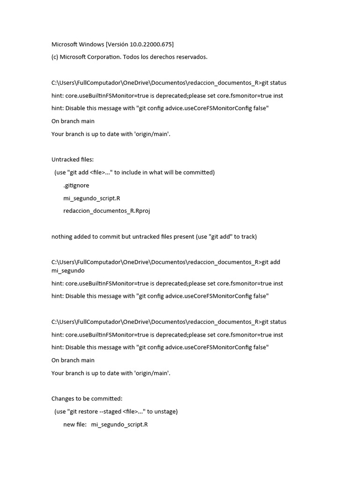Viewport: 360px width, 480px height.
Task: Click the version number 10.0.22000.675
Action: point(149,45)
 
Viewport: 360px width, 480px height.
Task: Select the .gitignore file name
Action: point(76,185)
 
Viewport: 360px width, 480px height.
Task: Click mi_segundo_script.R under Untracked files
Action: point(91,198)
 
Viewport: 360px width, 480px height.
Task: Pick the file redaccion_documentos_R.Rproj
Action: point(106,211)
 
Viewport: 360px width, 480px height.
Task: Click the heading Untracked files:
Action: point(72,160)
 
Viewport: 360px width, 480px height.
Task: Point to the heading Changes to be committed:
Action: point(87,399)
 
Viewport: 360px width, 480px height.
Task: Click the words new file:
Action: point(75,425)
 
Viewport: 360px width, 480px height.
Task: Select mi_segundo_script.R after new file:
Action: point(120,425)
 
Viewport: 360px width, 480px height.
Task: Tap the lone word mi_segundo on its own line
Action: point(68,270)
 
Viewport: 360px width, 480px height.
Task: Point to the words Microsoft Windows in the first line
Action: point(77,45)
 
